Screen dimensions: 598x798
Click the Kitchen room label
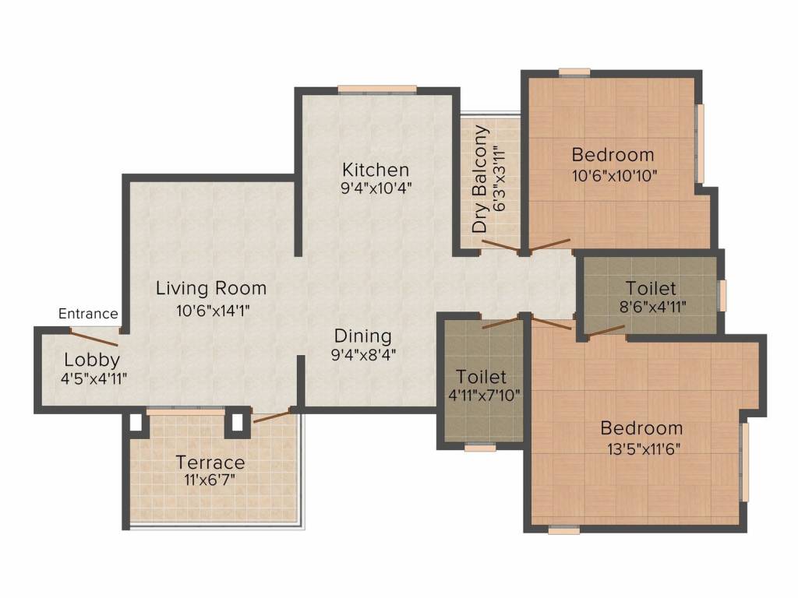click(x=376, y=169)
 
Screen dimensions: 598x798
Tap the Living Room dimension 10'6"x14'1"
click(x=211, y=309)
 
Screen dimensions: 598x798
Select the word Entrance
click(x=89, y=314)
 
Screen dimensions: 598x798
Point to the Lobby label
click(x=92, y=360)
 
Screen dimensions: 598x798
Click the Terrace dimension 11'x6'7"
click(x=210, y=478)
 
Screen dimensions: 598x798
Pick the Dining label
click(x=362, y=336)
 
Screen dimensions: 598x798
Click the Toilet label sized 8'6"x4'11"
click(x=651, y=289)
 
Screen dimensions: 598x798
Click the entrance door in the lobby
click(x=94, y=336)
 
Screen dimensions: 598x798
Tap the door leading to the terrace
click(x=273, y=414)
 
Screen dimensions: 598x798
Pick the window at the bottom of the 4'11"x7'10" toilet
click(x=480, y=447)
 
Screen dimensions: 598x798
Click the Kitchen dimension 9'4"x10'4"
click(x=376, y=187)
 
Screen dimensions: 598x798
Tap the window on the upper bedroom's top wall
click(x=574, y=72)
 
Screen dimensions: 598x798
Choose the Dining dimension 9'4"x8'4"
click(x=362, y=355)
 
